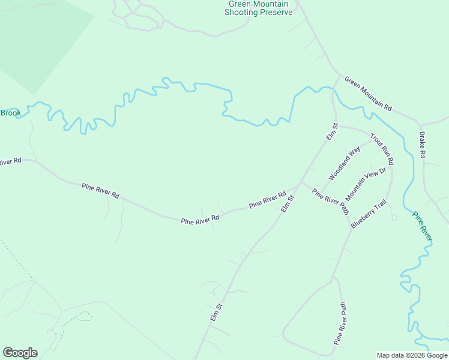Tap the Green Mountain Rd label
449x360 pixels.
click(x=368, y=93)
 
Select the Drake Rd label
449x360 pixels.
click(x=423, y=145)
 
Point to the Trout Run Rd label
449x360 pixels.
click(x=381, y=149)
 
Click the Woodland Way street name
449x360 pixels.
click(x=344, y=163)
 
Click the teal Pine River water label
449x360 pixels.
click(x=422, y=226)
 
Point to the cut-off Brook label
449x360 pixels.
click(x=10, y=113)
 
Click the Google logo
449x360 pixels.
click(x=20, y=353)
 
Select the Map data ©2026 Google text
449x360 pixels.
click(x=412, y=355)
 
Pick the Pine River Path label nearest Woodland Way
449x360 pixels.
click(x=330, y=201)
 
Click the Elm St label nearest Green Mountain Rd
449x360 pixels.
click(x=333, y=132)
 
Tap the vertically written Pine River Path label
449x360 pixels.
click(x=340, y=323)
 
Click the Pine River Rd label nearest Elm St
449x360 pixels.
click(x=267, y=200)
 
